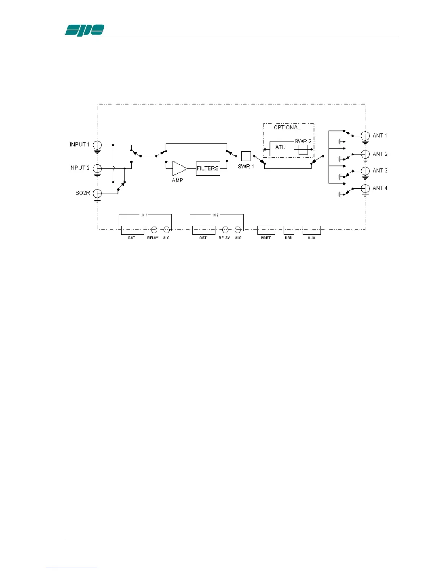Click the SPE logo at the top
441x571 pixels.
pos(85,30)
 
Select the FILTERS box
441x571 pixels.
pos(208,168)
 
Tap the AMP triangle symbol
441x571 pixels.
pos(179,168)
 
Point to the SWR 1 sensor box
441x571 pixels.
pos(246,156)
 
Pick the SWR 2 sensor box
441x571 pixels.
pos(303,149)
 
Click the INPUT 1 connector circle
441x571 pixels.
pos(97,145)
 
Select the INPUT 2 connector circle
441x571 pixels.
pos(97,168)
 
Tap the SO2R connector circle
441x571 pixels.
pos(97,194)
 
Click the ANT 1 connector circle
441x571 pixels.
pos(365,136)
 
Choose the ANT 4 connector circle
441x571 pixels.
pos(365,188)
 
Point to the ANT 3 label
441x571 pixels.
pos(380,171)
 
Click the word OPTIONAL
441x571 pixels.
pos(287,128)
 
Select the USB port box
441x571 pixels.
pos(289,230)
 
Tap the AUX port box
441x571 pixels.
pos(312,230)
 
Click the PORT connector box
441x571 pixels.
pos(266,230)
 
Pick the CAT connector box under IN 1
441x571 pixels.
pos(133,230)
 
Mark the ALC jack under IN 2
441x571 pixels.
pos(238,230)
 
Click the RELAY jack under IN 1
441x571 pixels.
pos(154,230)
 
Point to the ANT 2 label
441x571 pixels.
pos(380,154)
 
